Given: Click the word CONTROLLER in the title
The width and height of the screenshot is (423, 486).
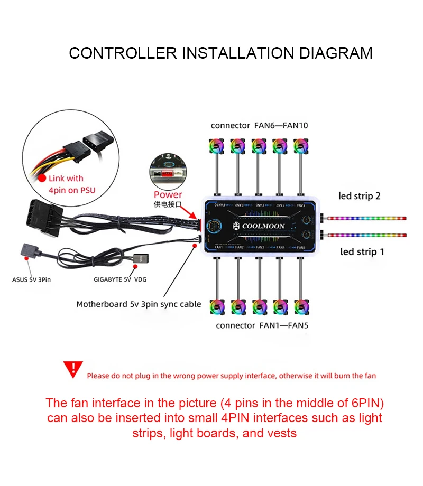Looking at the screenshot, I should pos(123,53).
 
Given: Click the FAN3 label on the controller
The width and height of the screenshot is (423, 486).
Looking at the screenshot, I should pos(260,247).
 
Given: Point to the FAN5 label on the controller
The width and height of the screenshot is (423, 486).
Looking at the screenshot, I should pos(301,247).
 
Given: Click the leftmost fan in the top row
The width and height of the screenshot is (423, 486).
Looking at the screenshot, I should pos(217,146).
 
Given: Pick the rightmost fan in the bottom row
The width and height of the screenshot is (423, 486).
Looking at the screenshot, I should pos(302,306).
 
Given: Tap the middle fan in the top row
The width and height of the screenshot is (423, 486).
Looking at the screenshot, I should pos(260,146).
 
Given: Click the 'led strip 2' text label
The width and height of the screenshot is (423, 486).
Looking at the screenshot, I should pos(360,196).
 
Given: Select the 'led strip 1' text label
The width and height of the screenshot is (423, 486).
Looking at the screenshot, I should pos(362,251).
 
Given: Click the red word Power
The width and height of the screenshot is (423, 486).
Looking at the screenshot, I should pos(168,194).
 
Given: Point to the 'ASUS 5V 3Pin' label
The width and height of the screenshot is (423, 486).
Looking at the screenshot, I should pos(32,279).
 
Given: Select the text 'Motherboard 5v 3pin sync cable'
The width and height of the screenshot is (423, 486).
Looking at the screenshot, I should pos(139,304).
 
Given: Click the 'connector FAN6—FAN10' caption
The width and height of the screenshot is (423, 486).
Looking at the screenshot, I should pos(259,125).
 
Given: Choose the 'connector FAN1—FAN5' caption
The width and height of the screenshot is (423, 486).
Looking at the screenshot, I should pos(262,325).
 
